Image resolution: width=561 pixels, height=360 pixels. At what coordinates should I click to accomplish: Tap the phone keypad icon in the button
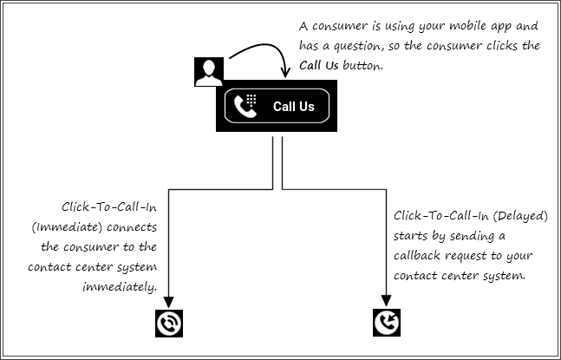point(247,107)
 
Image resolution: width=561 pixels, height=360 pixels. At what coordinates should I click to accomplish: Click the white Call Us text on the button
point(294,107)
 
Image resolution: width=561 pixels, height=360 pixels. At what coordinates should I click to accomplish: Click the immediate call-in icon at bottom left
point(170,323)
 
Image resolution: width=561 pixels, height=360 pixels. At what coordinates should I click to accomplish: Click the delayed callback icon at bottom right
point(387,323)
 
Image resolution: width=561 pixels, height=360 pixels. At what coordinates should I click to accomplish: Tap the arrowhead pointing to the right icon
point(387,299)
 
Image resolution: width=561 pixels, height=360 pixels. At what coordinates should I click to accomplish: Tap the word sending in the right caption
point(478,236)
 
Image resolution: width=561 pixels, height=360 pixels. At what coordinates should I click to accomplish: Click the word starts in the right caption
point(411,236)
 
